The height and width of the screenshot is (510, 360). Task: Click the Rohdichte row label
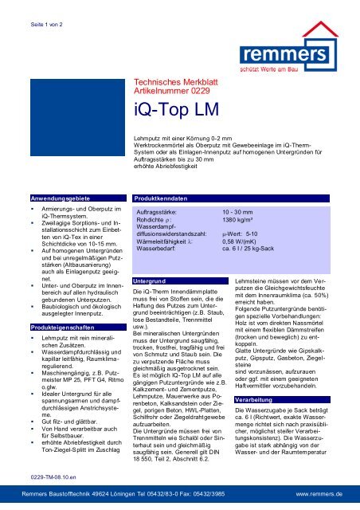(159, 222)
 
